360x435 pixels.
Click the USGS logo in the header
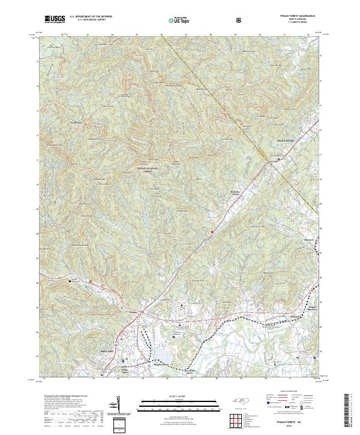click(x=55, y=19)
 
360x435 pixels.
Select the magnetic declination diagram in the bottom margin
click(x=121, y=408)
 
